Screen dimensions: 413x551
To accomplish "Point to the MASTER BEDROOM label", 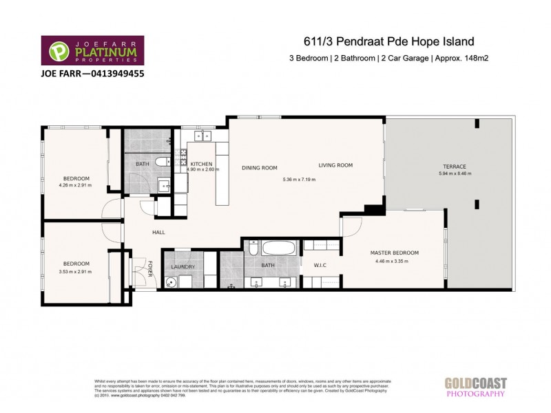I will point(394,253).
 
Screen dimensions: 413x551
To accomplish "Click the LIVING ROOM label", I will point(335,165).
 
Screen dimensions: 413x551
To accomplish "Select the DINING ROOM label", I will point(259,167).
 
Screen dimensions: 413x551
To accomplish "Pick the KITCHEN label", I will point(201,164).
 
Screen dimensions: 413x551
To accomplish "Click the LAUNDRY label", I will point(183,267).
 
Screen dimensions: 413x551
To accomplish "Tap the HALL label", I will point(158,233).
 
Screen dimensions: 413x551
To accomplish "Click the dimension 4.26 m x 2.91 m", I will point(75,186).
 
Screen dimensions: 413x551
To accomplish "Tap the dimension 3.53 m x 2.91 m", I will point(76,272).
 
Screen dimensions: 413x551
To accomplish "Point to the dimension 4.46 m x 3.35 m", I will point(392,261).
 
